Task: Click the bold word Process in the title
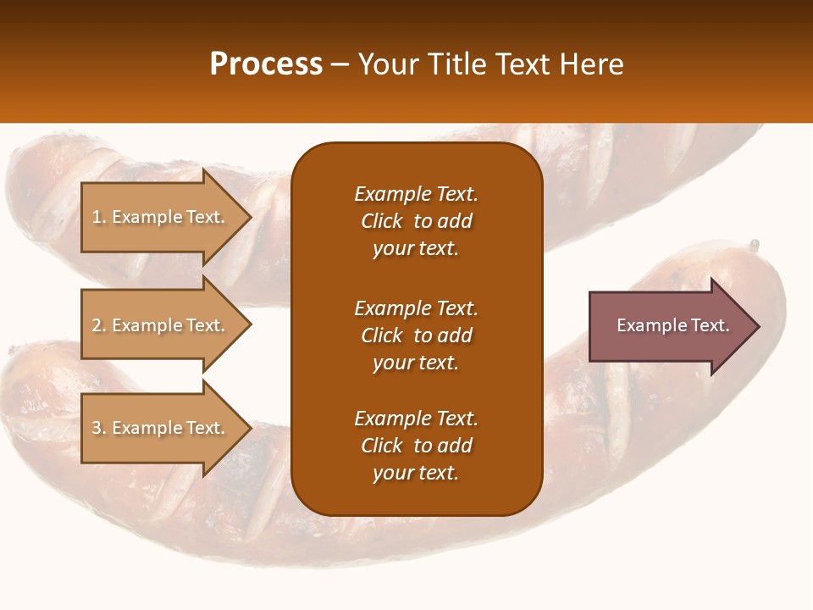pyautogui.click(x=266, y=64)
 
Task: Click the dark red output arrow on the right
pyautogui.click(x=669, y=325)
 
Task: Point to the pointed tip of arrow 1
pyautogui.click(x=250, y=217)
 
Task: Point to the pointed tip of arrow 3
pyautogui.click(x=250, y=428)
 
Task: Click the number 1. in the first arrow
pyautogui.click(x=99, y=217)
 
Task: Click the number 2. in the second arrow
pyautogui.click(x=99, y=325)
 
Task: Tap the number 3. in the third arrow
pyautogui.click(x=99, y=428)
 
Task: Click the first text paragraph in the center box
pyautogui.click(x=416, y=221)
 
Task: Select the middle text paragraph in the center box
pyautogui.click(x=416, y=335)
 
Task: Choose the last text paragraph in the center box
pyautogui.click(x=416, y=446)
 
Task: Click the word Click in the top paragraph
pyautogui.click(x=382, y=221)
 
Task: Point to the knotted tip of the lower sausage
pyautogui.click(x=754, y=245)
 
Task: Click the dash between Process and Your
pyautogui.click(x=340, y=64)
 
